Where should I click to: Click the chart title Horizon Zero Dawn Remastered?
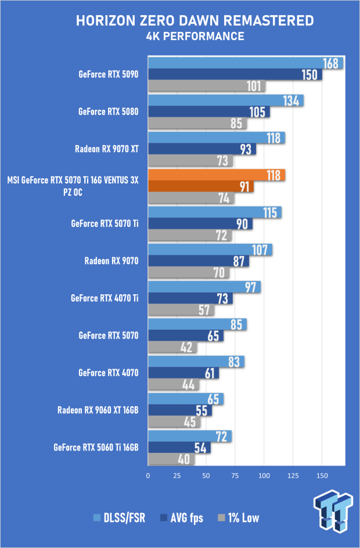tap(195, 21)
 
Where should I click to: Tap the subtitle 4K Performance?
tap(195, 36)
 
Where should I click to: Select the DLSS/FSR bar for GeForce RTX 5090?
tap(246, 63)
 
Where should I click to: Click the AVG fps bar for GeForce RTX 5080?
tap(208, 112)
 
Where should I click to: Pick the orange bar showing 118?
tap(217, 175)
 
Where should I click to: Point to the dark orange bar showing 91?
tap(201, 186)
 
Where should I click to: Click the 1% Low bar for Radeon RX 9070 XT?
tap(190, 160)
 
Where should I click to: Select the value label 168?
tap(330, 64)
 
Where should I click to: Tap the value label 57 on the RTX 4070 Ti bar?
tap(204, 310)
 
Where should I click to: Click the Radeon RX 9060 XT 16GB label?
tap(98, 410)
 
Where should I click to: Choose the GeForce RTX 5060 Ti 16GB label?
tap(96, 448)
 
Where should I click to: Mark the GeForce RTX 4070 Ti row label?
tap(105, 298)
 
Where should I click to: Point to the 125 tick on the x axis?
tap(293, 475)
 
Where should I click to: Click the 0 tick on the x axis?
tap(148, 475)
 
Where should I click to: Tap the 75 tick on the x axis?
tap(235, 475)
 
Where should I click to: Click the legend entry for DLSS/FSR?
tap(119, 518)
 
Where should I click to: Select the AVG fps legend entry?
tap(181, 518)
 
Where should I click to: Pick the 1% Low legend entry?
tap(239, 518)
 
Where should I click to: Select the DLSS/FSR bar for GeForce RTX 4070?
tap(196, 362)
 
